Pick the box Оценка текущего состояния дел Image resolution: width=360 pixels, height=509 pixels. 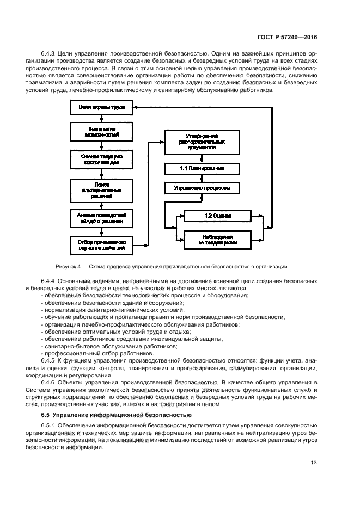tap(102, 159)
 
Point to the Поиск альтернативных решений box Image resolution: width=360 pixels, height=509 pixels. tap(102, 190)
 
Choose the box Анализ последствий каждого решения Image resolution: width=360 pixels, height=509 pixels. tap(102, 218)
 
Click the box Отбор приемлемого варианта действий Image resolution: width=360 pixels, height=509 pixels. tap(102, 244)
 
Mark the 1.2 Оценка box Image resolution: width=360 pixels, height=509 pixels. tap(217, 216)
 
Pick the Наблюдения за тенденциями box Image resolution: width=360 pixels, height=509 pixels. tap(217, 240)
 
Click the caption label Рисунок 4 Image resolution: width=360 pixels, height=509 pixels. tap(71, 266)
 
